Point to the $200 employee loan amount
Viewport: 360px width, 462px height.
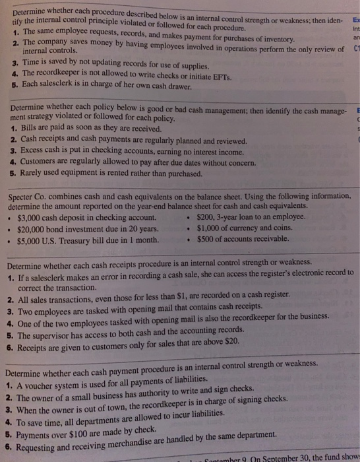coord(207,216)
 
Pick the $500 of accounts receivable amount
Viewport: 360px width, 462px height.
coord(207,238)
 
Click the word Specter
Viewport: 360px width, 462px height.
coord(21,195)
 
